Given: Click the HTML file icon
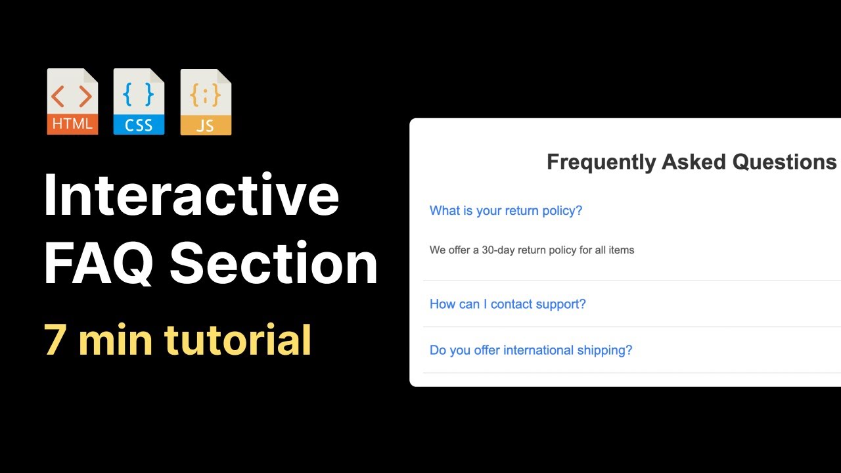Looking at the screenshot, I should [72, 102].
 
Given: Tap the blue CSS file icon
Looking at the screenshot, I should [139, 102].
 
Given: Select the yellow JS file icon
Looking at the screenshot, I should [206, 102].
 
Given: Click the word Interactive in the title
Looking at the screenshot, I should [191, 196].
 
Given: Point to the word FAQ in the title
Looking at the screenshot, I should [99, 263].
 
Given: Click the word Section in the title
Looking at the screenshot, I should [274, 263].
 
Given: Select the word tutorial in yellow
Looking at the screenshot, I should [237, 340].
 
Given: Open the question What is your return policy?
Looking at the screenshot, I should [506, 211].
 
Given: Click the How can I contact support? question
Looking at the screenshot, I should [507, 304].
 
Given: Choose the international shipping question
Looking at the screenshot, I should [531, 350].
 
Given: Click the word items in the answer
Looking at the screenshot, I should [622, 250].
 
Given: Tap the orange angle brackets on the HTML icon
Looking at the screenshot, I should [72, 97].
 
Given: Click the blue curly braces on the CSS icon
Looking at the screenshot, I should [139, 95].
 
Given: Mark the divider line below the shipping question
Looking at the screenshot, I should [631, 373].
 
